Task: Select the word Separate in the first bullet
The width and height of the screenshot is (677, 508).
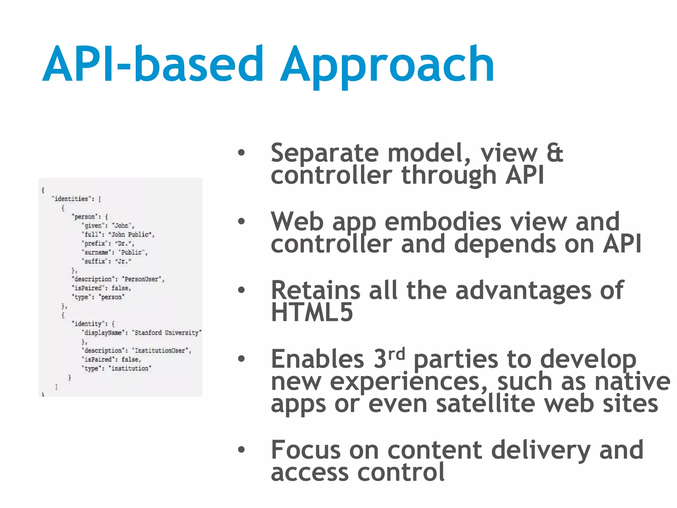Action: tap(324, 153)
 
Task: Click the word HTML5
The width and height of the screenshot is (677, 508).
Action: tap(312, 312)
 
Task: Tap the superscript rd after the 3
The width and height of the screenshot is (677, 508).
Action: tap(396, 354)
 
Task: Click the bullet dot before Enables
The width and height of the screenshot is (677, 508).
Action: tap(242, 359)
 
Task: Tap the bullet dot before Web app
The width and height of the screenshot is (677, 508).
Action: tap(242, 221)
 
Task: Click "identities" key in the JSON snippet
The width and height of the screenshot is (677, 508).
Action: tap(71, 199)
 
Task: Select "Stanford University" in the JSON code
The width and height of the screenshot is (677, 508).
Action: tap(167, 333)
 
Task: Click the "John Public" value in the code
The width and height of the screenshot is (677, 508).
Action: tap(130, 234)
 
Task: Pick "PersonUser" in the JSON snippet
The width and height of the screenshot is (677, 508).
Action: tap(142, 279)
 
